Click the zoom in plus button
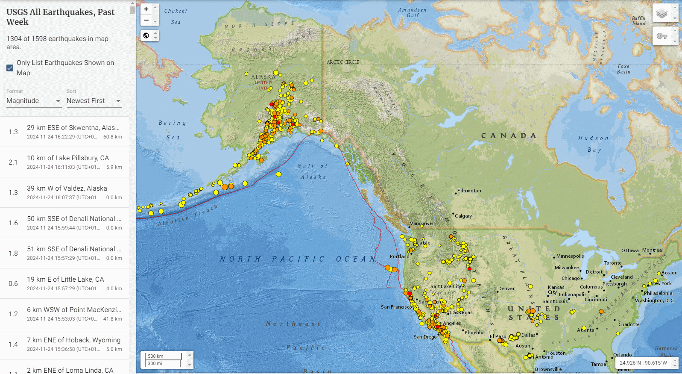pos(146,9)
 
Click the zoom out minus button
pos(146,20)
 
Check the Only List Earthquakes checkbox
pos(10,68)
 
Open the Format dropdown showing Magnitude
pos(33,101)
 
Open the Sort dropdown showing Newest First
pos(94,101)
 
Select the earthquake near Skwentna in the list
pos(64,132)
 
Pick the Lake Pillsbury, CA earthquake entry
pos(64,162)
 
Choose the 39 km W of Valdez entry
pos(64,192)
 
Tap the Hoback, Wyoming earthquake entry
pos(64,344)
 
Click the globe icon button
pos(146,35)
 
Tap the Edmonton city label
pos(469,191)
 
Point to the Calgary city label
pos(463,216)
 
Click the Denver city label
pos(506,289)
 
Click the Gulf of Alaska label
pos(313,171)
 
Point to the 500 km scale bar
pos(164,356)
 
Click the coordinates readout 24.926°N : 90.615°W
pos(643,363)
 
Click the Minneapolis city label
pos(570,256)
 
